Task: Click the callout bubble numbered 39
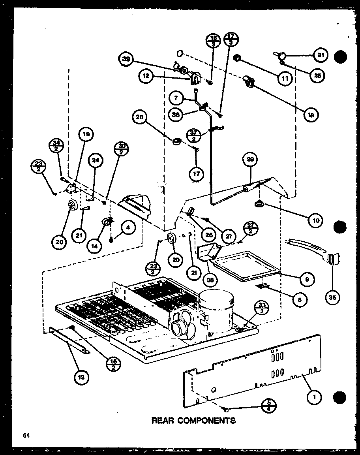click(x=126, y=59)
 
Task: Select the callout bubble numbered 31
click(x=321, y=55)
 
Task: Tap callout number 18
click(x=311, y=115)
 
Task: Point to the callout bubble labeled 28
click(x=141, y=117)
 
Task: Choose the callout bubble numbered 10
click(x=315, y=220)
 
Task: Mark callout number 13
click(x=81, y=378)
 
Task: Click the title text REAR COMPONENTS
click(x=193, y=420)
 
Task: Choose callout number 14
click(x=95, y=245)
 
